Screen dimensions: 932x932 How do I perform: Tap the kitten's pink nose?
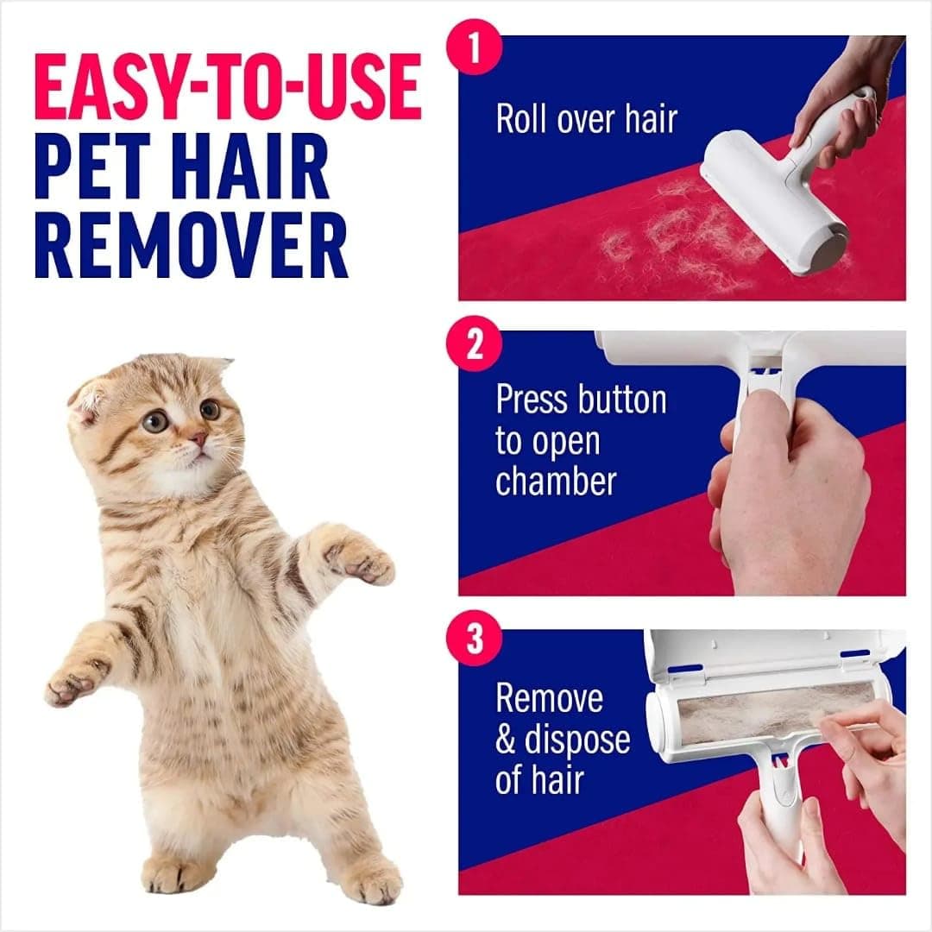click(x=198, y=439)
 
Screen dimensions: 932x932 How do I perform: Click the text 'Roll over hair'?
click(x=586, y=119)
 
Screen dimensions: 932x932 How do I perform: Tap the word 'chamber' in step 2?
click(x=556, y=481)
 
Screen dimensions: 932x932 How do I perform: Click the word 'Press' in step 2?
click(x=531, y=400)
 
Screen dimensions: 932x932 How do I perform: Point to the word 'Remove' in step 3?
click(x=549, y=698)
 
